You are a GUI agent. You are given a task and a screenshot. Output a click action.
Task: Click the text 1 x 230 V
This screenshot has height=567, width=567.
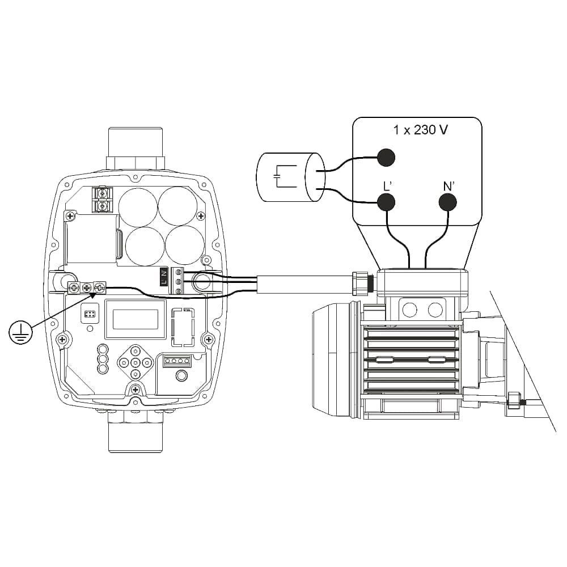click(x=420, y=130)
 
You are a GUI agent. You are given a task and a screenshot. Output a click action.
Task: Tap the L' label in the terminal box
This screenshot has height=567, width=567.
click(x=387, y=185)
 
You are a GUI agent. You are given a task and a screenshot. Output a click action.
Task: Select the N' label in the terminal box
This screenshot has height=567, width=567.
click(x=448, y=185)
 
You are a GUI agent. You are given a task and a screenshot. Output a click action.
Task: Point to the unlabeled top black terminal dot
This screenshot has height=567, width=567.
click(x=386, y=156)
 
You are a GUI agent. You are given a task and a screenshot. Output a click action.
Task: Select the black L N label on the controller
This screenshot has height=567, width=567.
click(x=163, y=277)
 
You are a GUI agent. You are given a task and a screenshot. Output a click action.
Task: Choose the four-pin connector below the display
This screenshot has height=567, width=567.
click(x=176, y=361)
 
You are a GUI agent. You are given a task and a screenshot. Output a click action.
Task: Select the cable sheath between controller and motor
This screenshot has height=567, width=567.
click(x=303, y=283)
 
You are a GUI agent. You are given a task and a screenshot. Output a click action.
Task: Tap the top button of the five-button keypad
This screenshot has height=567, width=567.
click(x=136, y=351)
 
